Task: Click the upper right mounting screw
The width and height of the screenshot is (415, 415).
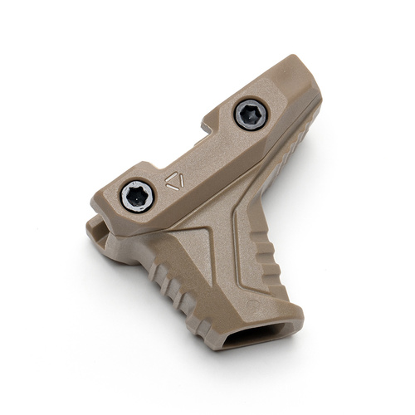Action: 250,115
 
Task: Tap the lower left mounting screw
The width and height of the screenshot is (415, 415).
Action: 136,196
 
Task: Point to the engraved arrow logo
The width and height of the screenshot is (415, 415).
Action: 174,181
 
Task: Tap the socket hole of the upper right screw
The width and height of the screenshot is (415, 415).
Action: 250,115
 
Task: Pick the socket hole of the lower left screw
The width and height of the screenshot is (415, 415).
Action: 136,196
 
